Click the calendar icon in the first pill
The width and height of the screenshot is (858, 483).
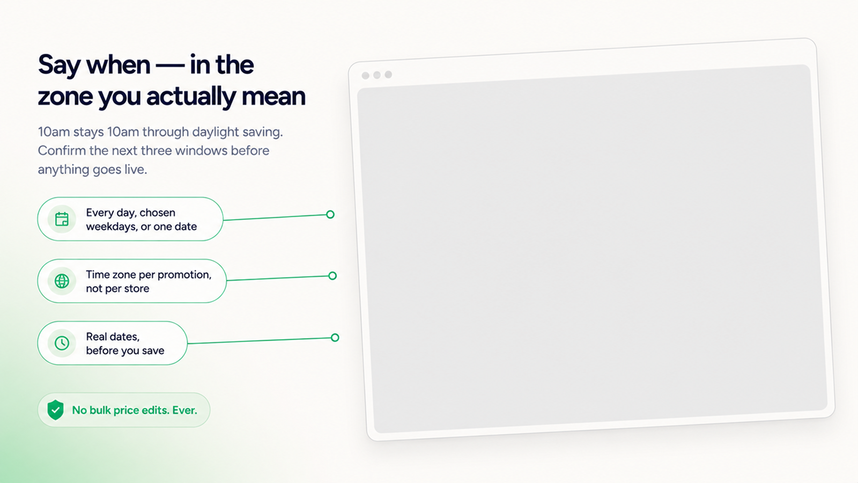tap(62, 219)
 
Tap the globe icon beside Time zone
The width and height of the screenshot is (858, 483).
tap(62, 281)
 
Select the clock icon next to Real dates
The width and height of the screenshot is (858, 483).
tap(62, 343)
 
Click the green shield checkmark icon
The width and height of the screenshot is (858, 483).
tap(56, 410)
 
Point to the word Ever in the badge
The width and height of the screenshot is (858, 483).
tap(183, 410)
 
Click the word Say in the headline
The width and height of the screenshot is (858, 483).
tap(60, 65)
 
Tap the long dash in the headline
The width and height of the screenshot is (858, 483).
tap(169, 65)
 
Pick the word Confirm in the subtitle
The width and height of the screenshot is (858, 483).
tap(62, 150)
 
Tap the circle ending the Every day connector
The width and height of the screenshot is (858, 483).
tap(330, 214)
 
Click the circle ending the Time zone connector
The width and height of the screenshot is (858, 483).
tap(332, 276)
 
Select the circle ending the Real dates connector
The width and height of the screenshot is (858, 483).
tap(335, 338)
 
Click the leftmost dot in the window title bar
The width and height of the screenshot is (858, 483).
tap(365, 76)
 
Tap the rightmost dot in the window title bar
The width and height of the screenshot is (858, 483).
tap(388, 74)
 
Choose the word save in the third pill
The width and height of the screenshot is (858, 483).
tap(153, 351)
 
